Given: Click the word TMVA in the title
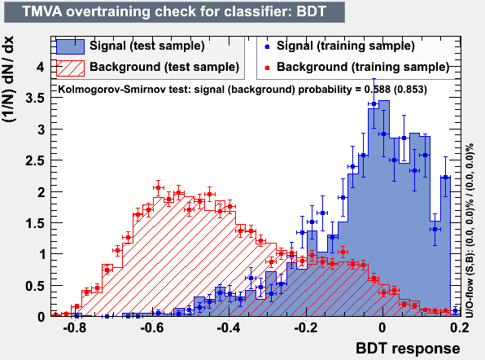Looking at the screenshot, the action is point(42,11).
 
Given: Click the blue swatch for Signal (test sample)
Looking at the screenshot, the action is point(70,46).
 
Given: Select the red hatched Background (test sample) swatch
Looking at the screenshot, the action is point(70,68).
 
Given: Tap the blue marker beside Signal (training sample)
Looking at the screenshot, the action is point(267,46).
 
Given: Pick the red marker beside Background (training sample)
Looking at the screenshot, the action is point(267,68).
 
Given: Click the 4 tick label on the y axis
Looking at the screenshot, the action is point(41,67).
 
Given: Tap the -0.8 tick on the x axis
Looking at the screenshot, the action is point(75,327).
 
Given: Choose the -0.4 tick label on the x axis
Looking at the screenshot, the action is point(229,327).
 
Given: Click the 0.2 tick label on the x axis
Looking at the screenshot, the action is point(460,327).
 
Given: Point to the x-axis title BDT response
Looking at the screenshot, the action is point(408,349).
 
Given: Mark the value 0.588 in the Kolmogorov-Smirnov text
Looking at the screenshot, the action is point(376,90).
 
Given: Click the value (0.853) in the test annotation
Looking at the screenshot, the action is point(409,90).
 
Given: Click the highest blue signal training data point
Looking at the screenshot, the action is point(374,104).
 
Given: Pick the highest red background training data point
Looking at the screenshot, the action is point(159,187).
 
